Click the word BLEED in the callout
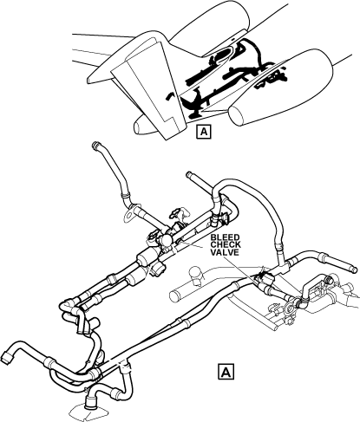[x=225, y=237]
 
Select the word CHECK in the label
[x=226, y=245]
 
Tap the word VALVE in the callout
[x=225, y=252]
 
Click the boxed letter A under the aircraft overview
[x=204, y=132]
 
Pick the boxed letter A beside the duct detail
[x=226, y=372]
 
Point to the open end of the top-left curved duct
[x=95, y=145]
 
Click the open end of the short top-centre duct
[x=189, y=175]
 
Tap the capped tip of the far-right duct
[x=353, y=269]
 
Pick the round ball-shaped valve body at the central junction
[x=167, y=240]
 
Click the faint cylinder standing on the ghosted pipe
[x=195, y=273]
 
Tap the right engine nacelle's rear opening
[x=236, y=116]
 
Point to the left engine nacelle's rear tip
[x=139, y=127]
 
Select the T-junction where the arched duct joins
[x=283, y=266]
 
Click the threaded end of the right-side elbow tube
[x=328, y=280]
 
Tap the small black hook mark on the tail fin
[x=169, y=96]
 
